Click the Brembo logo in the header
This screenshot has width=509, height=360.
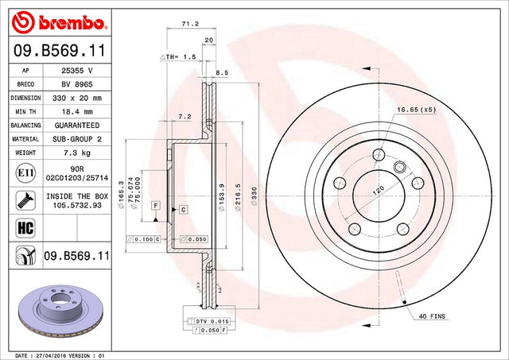pos(58,22)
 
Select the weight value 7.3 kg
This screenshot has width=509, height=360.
pos(77,153)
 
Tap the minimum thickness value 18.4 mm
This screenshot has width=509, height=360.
pos(77,111)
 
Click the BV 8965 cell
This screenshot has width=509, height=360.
pos(77,84)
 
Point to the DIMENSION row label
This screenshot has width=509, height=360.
pos(25,98)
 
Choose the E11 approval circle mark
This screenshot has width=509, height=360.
pos(25,173)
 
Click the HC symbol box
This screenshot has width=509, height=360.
pos(25,227)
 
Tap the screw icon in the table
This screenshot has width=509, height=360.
pos(25,200)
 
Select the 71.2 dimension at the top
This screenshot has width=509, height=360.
pos(190,24)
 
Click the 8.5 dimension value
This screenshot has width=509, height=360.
pos(222,73)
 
